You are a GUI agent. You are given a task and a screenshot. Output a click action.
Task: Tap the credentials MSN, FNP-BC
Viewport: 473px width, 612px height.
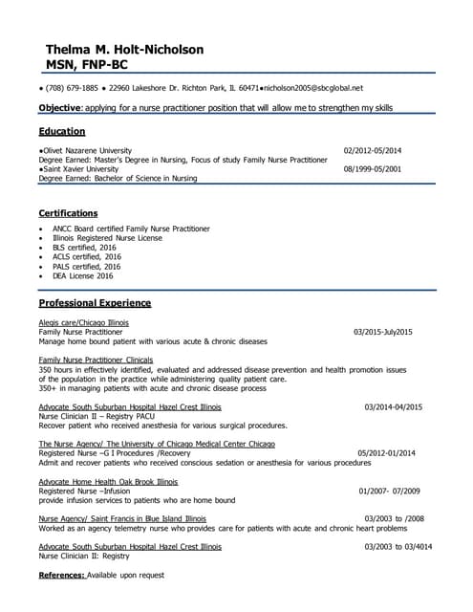pyautogui.click(x=87, y=65)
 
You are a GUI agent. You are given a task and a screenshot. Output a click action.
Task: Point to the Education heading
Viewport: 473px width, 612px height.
pyautogui.click(x=62, y=131)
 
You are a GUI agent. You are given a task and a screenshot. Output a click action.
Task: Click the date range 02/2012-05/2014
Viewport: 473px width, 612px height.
pyautogui.click(x=372, y=151)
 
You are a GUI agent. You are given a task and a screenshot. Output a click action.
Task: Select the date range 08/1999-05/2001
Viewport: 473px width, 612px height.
pyautogui.click(x=372, y=168)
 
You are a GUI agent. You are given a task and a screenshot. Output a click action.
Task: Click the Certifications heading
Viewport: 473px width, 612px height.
pyautogui.click(x=68, y=212)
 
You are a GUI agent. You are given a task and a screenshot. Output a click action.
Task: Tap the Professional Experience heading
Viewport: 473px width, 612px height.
pyautogui.click(x=95, y=302)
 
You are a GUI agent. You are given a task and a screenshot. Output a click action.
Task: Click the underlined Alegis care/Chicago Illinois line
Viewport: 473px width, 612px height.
pyautogui.click(x=83, y=322)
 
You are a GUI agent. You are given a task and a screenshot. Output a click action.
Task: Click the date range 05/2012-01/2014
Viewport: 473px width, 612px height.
pyautogui.click(x=386, y=452)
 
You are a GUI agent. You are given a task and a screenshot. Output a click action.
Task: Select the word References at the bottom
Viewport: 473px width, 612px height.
pyautogui.click(x=62, y=575)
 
